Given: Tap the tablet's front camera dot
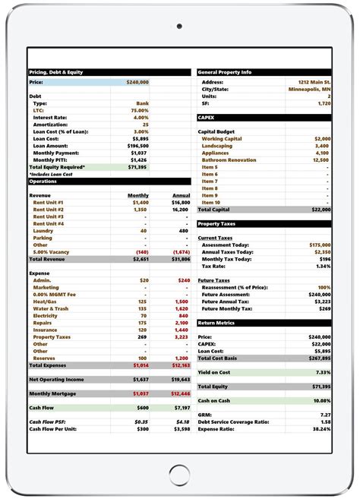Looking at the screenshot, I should click(179, 27).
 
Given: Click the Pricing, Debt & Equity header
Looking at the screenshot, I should click(56, 72).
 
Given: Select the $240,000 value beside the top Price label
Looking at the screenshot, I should click(137, 81).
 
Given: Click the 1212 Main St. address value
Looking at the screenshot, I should click(314, 81).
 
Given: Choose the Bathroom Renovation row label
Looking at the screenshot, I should click(228, 160).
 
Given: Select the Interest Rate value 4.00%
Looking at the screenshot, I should click(141, 118).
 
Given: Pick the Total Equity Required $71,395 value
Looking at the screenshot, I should click(137, 167).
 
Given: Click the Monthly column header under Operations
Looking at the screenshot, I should click(137, 195).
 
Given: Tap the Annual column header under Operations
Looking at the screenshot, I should click(181, 195).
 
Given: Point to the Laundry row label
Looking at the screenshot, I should click(43, 231).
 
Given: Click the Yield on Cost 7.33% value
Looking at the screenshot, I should click(323, 372).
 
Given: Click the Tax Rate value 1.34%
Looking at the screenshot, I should click(323, 266).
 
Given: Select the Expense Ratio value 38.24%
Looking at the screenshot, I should click(321, 429).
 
